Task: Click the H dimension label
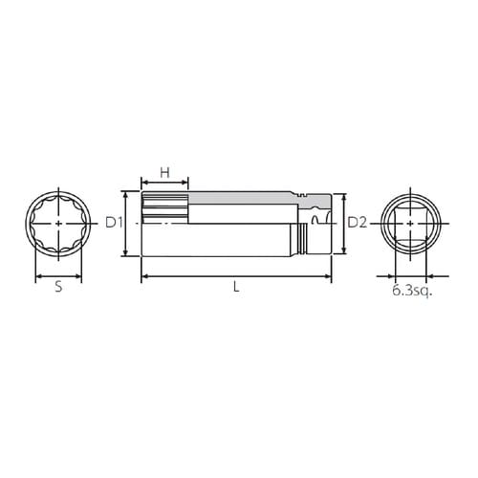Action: tap(164, 173)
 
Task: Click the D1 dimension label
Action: tap(114, 223)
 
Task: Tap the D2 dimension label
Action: tap(357, 223)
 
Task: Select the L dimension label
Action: tap(236, 287)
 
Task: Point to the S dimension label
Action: tap(58, 287)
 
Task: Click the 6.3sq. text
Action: tap(412, 291)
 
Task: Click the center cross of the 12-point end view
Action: tap(58, 224)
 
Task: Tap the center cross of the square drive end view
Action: tap(410, 224)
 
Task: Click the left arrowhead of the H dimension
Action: tap(144, 183)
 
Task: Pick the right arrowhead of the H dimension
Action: tap(185, 183)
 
